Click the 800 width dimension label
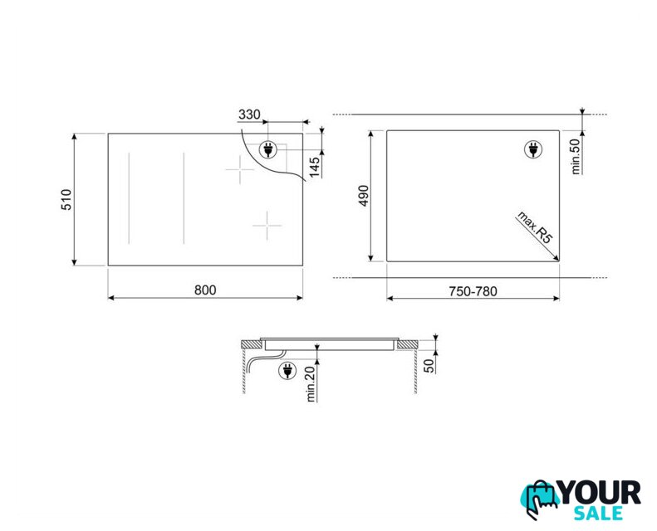pyautogui.click(x=205, y=290)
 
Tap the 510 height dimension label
pyautogui.click(x=66, y=200)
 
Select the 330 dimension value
pyautogui.click(x=249, y=114)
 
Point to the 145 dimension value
pyautogui.click(x=314, y=167)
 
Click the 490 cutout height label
pyautogui.click(x=363, y=196)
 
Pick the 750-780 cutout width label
pyautogui.click(x=473, y=291)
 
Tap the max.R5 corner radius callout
pyautogui.click(x=535, y=227)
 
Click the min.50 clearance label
pyautogui.click(x=576, y=156)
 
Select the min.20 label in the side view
pyautogui.click(x=311, y=384)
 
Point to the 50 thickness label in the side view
pyautogui.click(x=429, y=365)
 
